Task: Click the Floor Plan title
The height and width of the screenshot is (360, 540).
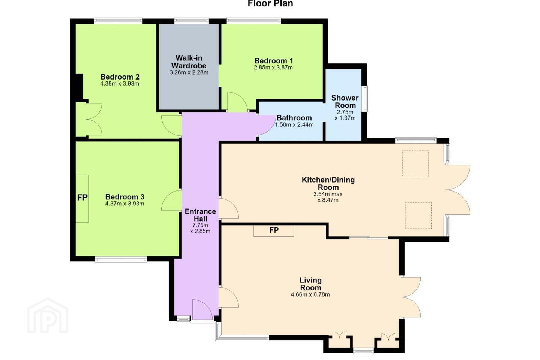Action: (x=270, y=3)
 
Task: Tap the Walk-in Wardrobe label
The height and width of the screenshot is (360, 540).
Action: (x=189, y=62)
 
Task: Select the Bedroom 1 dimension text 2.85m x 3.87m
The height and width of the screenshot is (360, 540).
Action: (x=273, y=67)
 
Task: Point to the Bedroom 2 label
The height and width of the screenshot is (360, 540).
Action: (x=120, y=77)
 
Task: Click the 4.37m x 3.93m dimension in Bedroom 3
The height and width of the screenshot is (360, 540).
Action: (x=124, y=204)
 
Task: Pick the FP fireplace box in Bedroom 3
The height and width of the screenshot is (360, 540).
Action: (x=82, y=198)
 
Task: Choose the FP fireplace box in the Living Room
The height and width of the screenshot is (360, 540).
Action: (x=274, y=231)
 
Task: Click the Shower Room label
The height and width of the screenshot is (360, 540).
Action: (x=345, y=102)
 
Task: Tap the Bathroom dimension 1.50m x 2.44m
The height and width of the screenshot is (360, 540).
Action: (x=294, y=125)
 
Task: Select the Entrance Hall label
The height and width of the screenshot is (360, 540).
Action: (x=200, y=215)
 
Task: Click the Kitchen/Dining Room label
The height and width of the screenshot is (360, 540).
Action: (x=328, y=183)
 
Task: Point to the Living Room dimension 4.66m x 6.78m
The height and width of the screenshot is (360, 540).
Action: (x=310, y=294)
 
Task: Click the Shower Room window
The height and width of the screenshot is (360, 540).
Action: (x=366, y=99)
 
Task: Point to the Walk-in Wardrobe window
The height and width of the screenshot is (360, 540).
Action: (x=192, y=21)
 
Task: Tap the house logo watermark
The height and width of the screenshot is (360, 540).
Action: (x=48, y=316)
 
